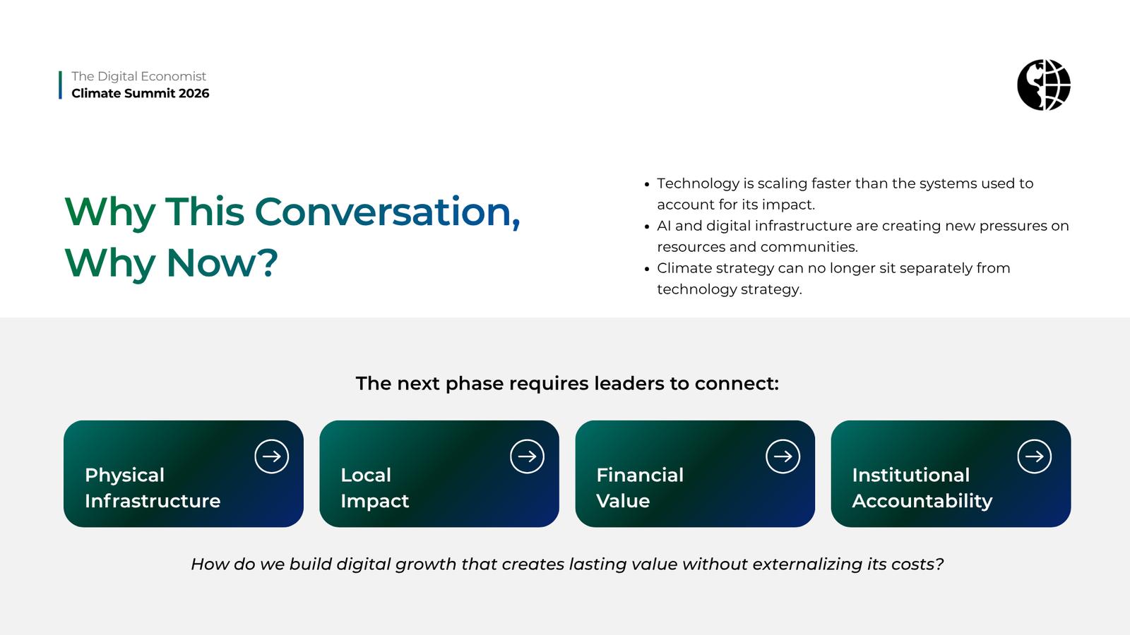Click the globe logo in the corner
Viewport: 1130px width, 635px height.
point(1044,85)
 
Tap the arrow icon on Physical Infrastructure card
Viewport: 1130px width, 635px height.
point(271,456)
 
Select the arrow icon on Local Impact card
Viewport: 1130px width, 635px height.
point(527,456)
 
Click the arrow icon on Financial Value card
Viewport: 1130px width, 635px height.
point(783,456)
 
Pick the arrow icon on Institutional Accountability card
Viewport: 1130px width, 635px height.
point(1034,456)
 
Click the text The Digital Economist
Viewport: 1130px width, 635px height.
point(138,76)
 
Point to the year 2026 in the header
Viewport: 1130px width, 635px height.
point(194,93)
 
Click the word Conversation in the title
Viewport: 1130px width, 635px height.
point(387,212)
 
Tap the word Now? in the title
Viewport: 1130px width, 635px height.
point(222,262)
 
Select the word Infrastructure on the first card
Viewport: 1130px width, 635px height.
point(153,501)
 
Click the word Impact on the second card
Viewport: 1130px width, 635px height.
point(374,502)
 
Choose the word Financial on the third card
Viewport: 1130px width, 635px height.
point(640,475)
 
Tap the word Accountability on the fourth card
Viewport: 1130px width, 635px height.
point(922,502)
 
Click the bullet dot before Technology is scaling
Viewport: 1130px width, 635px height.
point(647,184)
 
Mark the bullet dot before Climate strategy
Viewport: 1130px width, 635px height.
point(647,269)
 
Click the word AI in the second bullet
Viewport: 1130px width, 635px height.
point(664,226)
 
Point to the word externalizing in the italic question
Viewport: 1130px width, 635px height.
point(807,564)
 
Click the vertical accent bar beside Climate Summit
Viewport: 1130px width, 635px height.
point(61,85)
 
